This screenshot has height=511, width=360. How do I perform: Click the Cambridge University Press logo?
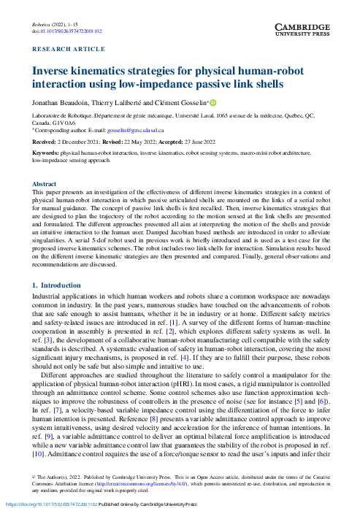(305, 29)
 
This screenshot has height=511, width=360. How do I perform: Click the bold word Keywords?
(46, 153)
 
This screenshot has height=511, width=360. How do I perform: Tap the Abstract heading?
(45, 185)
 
